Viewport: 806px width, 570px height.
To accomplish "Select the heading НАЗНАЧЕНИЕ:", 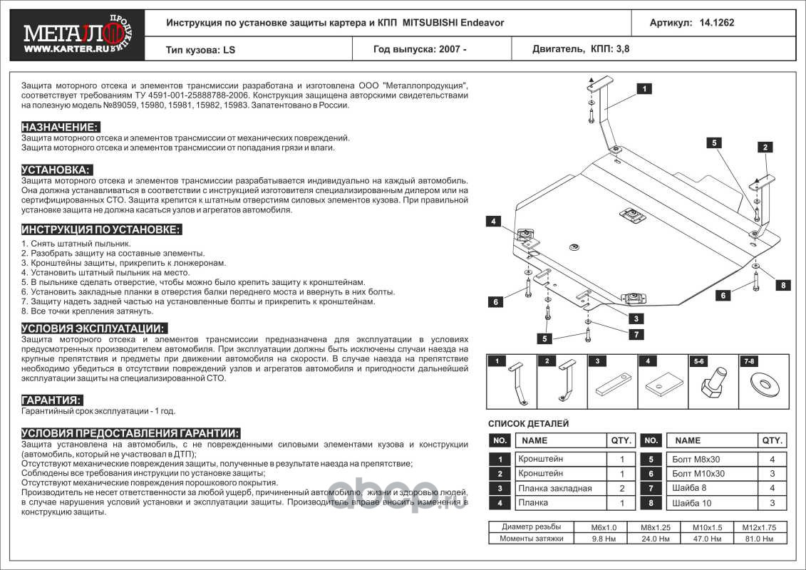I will pyautogui.click(x=60, y=127).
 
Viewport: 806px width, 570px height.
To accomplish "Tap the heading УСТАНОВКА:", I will pyautogui.click(x=56, y=170).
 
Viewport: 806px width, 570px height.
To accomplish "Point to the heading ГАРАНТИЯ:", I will pyautogui.click(x=51, y=400).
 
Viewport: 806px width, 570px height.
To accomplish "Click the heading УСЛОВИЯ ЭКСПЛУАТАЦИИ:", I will pyautogui.click(x=94, y=328).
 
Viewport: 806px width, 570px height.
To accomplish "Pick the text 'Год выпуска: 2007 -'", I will pyautogui.click(x=420, y=50).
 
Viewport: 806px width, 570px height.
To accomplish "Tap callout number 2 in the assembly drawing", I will pyautogui.click(x=764, y=147).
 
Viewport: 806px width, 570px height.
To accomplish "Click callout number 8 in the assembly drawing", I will pyautogui.click(x=782, y=285).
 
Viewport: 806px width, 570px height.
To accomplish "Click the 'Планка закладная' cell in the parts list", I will pyautogui.click(x=554, y=489).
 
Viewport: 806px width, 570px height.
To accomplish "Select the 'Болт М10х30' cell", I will pyautogui.click(x=698, y=474).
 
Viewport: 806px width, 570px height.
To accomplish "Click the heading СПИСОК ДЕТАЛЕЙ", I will pyautogui.click(x=528, y=424).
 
